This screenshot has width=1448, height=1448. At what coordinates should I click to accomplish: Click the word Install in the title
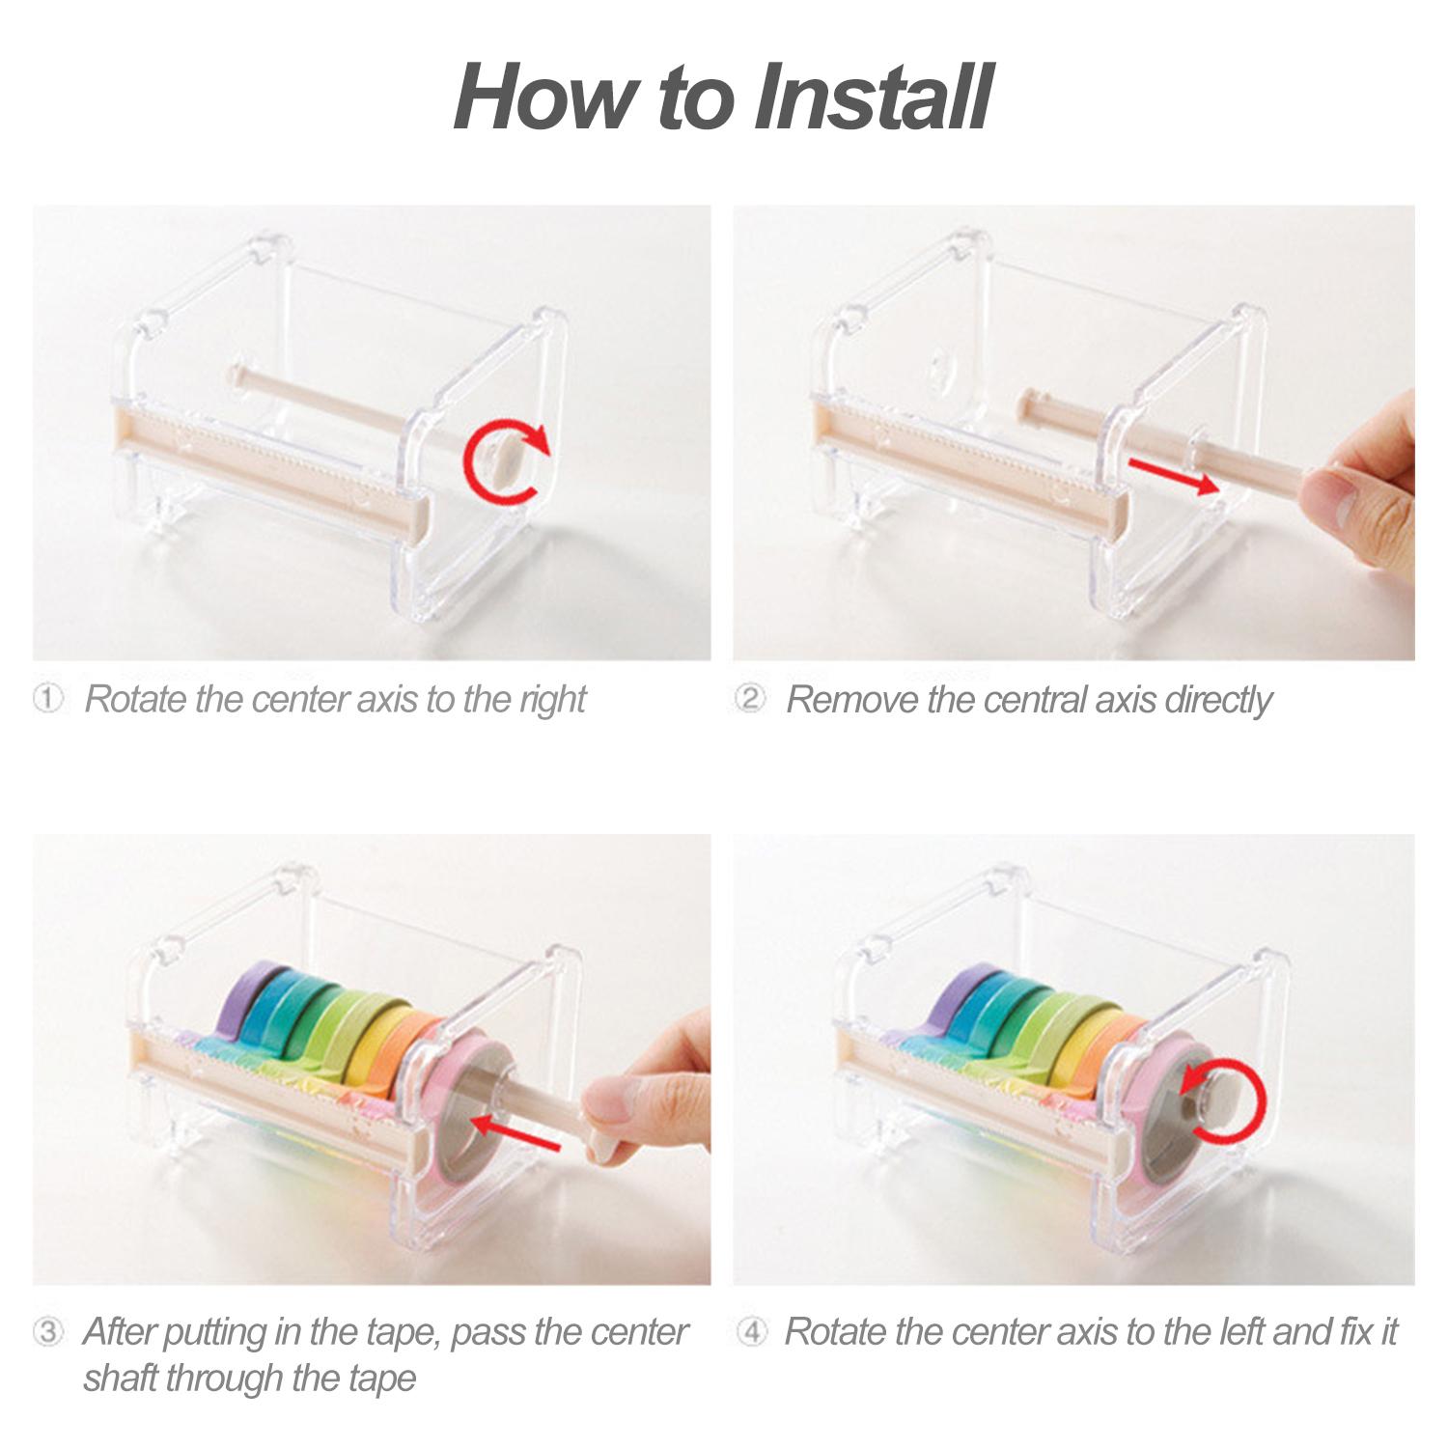pyautogui.click(x=872, y=97)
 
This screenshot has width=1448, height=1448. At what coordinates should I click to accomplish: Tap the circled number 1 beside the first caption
pyautogui.click(x=48, y=698)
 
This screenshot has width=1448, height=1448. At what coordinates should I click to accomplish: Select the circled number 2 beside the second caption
pyautogui.click(x=750, y=698)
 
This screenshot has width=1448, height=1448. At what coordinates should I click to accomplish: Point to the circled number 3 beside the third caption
pyautogui.click(x=48, y=1332)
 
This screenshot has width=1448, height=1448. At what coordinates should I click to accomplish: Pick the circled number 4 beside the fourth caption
pyautogui.click(x=751, y=1332)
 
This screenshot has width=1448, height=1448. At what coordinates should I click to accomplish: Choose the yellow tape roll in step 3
pyautogui.click(x=372, y=1052)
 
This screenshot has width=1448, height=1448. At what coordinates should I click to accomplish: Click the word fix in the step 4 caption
pyautogui.click(x=1358, y=1332)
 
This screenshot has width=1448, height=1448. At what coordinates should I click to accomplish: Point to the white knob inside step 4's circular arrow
pyautogui.click(x=1217, y=1099)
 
